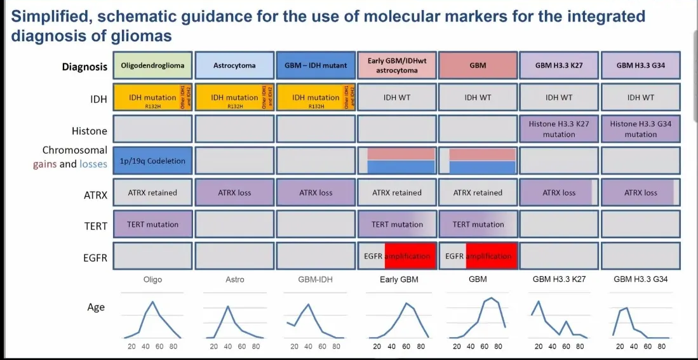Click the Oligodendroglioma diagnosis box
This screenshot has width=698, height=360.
152,66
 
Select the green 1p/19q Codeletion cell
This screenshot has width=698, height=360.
152,161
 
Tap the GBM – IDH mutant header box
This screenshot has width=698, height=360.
315,66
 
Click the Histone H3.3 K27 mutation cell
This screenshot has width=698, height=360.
559,129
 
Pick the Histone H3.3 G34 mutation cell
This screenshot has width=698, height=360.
640,129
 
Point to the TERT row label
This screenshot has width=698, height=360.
97,225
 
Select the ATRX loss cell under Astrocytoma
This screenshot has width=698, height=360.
234,193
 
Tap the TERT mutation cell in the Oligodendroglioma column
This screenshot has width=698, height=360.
152,225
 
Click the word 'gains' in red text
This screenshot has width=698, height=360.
45,164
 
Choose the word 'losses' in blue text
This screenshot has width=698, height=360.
93,164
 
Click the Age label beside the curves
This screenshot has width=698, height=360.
96,307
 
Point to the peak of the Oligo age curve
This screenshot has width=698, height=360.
152,302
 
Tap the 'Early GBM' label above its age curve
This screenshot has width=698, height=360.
398,279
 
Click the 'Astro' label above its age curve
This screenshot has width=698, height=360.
234,279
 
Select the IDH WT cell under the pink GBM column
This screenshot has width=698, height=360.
478,98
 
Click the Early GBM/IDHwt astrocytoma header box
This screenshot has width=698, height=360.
397,66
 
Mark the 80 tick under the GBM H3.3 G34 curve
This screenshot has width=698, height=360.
661,347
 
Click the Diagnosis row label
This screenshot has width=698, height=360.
84,67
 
